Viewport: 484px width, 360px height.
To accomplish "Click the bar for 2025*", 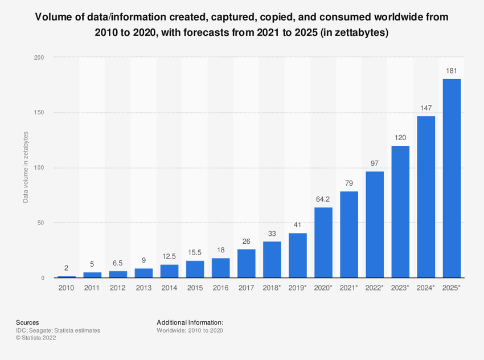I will pos(452,178).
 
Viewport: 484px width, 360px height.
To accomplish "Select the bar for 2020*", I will pos(323,243).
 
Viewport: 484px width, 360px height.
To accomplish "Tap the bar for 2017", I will pos(246,263).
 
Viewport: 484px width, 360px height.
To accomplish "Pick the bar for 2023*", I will pos(400,212).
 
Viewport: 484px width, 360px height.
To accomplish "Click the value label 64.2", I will pos(323,199).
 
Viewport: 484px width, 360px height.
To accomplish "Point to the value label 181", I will pos(452,71).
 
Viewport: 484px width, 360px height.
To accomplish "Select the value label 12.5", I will pos(169,256).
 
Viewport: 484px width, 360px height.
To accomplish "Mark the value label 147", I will pos(426,108).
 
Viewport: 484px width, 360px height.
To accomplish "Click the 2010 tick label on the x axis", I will pos(67,289).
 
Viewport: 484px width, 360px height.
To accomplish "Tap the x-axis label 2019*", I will pos(298,289).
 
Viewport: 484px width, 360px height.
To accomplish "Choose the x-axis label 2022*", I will pos(375,289).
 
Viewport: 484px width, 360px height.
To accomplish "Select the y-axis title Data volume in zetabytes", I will pos(26,167).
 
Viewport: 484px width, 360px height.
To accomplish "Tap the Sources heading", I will pos(28,322).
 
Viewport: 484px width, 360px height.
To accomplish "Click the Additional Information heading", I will pos(190,322).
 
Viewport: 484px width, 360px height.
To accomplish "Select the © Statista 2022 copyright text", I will pos(40,338).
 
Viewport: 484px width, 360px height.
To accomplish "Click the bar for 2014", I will pos(169,271).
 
